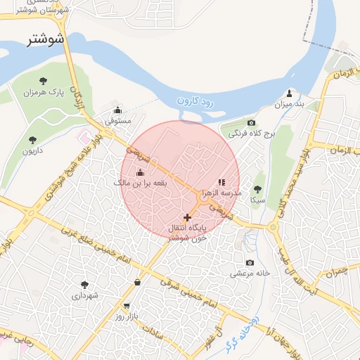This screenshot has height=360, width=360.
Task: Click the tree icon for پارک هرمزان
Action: [x=44, y=82]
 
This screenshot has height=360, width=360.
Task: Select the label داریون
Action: [x=32, y=151]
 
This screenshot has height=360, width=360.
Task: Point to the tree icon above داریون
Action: [x=32, y=140]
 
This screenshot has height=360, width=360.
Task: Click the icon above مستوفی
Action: [x=117, y=110]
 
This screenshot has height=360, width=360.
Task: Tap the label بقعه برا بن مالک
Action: [x=140, y=183]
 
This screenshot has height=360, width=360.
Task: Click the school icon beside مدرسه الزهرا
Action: [x=222, y=182]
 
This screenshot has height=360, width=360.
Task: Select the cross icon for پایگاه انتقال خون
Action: [x=187, y=217]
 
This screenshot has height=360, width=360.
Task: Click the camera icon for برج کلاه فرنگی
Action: [x=232, y=123]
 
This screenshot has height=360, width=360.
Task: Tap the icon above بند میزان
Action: [x=289, y=94]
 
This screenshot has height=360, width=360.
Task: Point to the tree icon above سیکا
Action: [x=257, y=188]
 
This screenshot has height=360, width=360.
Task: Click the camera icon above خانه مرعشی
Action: [x=250, y=262]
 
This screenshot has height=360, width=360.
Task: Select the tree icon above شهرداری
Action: [x=85, y=285]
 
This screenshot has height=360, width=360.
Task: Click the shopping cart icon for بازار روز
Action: [x=127, y=306]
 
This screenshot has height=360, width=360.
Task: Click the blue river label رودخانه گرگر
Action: [x=243, y=335]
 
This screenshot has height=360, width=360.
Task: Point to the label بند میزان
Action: [x=290, y=104]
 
